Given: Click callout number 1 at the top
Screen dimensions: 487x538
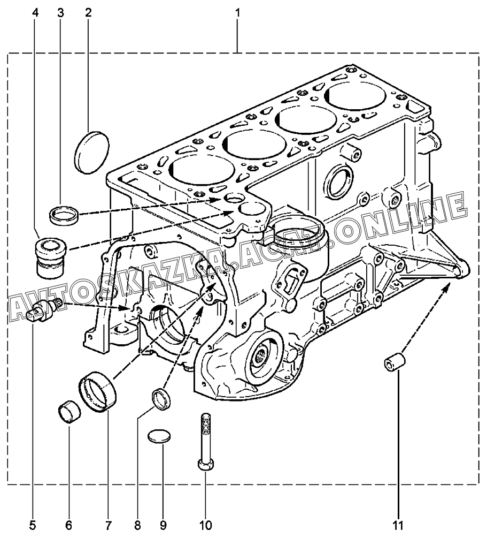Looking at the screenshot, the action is (x=237, y=13).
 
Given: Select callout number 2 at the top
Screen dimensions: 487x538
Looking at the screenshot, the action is (x=88, y=13).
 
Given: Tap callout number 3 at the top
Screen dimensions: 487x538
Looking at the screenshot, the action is (x=60, y=13).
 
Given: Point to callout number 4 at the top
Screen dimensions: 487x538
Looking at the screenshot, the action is (x=35, y=13).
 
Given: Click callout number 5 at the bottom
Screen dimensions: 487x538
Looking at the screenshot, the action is (x=33, y=525).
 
